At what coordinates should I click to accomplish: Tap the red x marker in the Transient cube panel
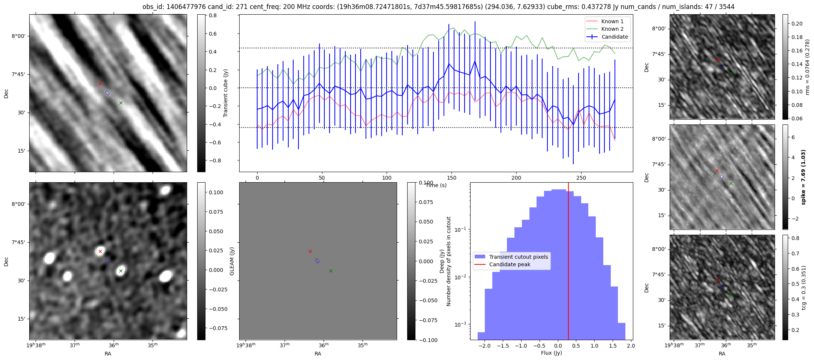tap(100, 83)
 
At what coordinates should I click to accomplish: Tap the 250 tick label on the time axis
tap(581, 178)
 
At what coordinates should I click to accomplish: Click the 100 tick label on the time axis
tap(387, 178)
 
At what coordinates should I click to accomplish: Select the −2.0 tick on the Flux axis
tap(484, 346)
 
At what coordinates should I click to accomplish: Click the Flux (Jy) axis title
tap(551, 353)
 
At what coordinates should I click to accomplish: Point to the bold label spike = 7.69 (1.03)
tap(803, 177)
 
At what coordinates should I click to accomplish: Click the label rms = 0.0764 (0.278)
tap(807, 67)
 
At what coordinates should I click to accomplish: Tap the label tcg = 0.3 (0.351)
tap(804, 287)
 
